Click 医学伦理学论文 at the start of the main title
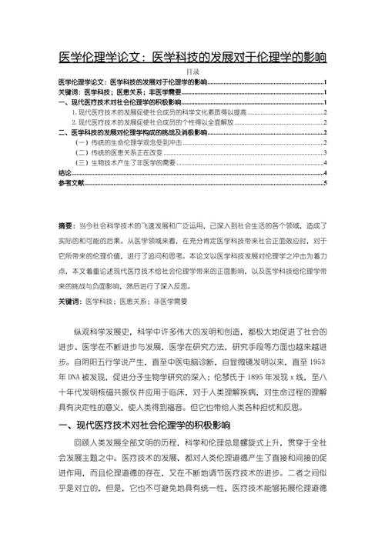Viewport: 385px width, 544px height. click(x=99, y=57)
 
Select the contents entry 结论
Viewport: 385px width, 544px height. click(x=65, y=174)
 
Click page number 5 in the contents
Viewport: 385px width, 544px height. click(x=326, y=184)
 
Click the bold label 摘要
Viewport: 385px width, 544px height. click(x=67, y=227)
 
